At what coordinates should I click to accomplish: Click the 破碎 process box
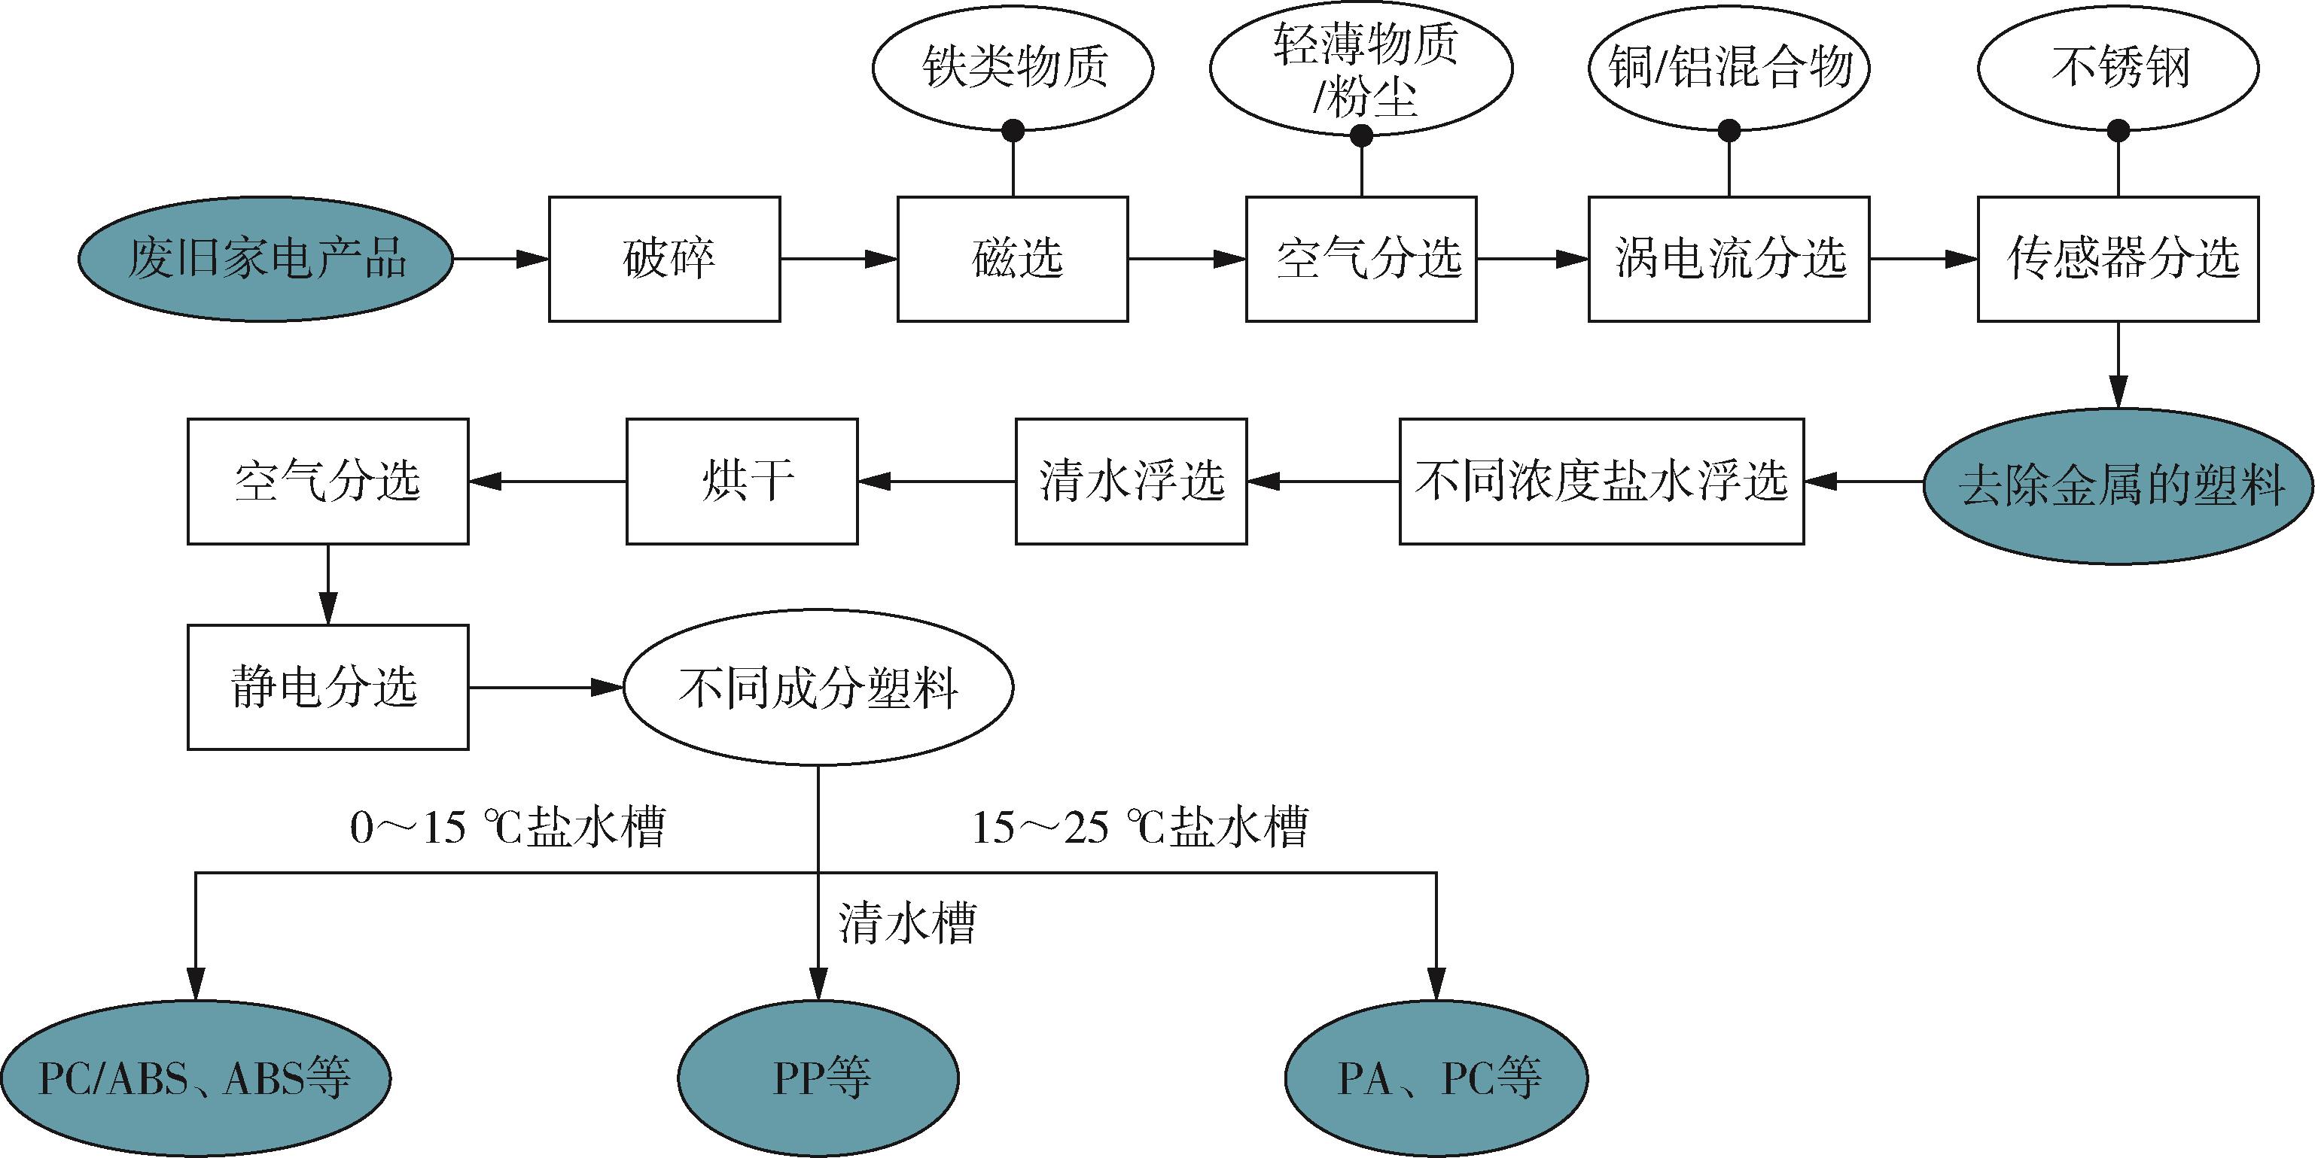pos(664,259)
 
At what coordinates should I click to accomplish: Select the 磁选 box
pos(1013,259)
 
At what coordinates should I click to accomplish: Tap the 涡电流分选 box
pos(1729,259)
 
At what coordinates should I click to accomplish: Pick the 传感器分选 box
pos(2119,259)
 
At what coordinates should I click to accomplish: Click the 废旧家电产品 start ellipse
pos(265,259)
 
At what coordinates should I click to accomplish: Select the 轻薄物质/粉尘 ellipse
pos(1361,69)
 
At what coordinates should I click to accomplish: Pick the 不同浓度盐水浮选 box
pos(1601,482)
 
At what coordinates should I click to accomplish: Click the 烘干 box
pos(742,482)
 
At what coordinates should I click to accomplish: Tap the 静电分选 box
pos(328,687)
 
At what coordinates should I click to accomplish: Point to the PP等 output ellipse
pos(818,1078)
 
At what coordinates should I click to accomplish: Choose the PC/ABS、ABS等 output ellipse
pos(195,1078)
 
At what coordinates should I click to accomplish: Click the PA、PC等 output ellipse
pos(1437,1078)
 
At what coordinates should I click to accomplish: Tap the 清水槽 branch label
pos(906,922)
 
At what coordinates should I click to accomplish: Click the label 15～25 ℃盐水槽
pos(1140,825)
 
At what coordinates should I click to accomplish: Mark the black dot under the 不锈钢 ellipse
pos(2119,130)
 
